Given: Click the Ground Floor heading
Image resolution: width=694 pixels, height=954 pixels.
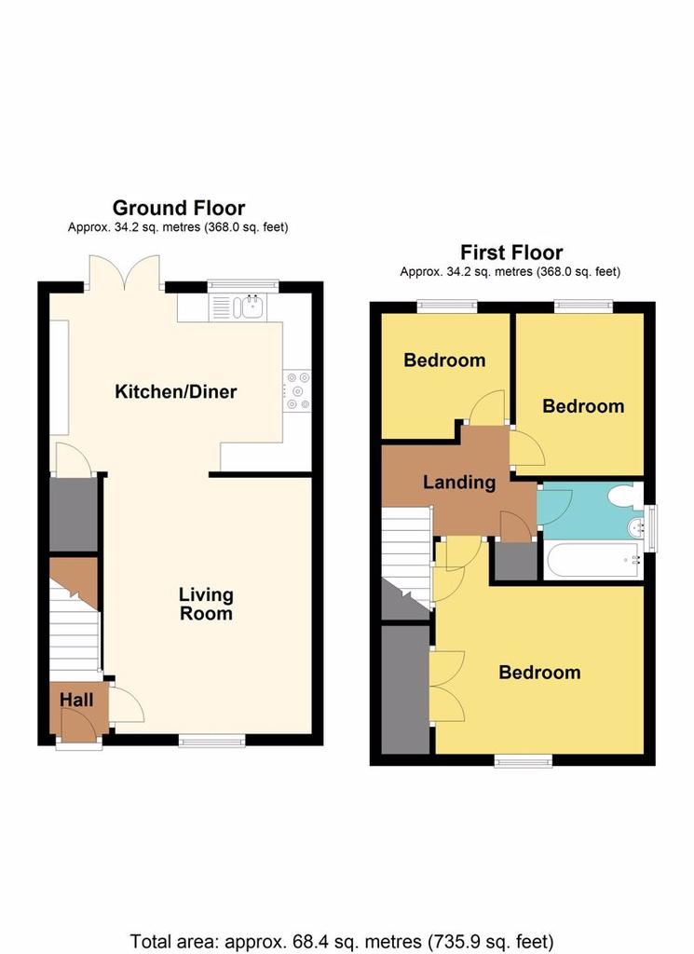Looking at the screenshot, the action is [x=179, y=208].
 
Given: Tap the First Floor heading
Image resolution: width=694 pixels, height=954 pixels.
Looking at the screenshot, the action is [x=511, y=252].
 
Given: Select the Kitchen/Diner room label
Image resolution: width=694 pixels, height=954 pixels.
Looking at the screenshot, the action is [x=176, y=391].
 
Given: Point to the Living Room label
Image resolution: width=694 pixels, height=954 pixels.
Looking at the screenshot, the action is [x=206, y=604].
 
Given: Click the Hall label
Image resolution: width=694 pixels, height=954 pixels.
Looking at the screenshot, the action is [x=76, y=700].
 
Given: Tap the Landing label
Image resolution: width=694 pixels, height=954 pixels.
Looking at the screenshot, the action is [x=459, y=483].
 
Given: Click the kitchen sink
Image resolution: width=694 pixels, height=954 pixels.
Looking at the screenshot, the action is [x=238, y=307].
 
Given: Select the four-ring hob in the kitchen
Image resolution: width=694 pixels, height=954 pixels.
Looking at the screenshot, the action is [x=297, y=390].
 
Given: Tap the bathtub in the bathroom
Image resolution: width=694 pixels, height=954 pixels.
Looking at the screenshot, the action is [x=593, y=560].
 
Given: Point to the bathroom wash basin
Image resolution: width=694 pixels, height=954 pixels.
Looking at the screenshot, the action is [x=635, y=527].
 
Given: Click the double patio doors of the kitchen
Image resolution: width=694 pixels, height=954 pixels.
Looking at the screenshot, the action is [x=125, y=272].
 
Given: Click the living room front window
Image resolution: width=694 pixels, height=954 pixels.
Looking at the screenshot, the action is [x=212, y=741].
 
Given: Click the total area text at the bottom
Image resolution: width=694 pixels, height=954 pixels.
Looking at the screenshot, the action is [x=342, y=942].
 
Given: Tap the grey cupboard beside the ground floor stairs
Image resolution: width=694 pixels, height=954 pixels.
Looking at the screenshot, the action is [x=73, y=514].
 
